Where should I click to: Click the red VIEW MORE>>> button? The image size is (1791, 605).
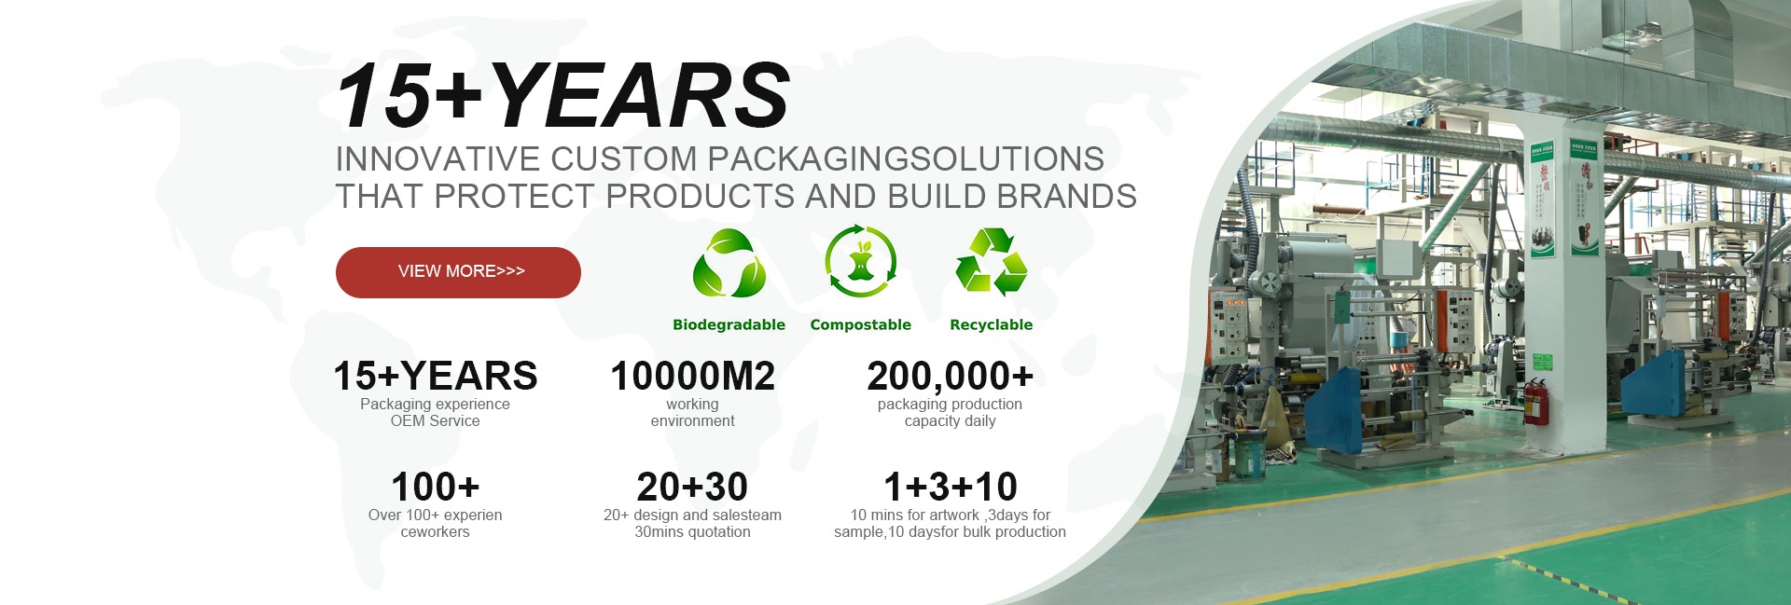458,272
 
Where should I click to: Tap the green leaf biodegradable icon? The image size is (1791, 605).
729,264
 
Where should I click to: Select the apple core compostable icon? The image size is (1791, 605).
861,262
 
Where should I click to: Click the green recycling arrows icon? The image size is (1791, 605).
991,262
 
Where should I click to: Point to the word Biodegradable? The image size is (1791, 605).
729,324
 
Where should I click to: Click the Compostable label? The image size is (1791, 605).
860,324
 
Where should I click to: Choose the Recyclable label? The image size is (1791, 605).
991,324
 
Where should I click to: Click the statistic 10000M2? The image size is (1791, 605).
692,377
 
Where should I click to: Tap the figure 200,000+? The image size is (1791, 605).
950,377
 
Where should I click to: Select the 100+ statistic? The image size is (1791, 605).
435,487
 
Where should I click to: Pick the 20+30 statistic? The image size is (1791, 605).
692,487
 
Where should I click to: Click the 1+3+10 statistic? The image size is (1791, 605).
950,487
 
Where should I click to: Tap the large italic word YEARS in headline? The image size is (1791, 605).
638,95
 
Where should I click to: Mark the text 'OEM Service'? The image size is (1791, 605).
435,421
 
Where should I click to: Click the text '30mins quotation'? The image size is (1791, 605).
692,532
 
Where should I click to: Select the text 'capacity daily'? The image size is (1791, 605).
950,421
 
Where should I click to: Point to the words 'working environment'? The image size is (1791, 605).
692,413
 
